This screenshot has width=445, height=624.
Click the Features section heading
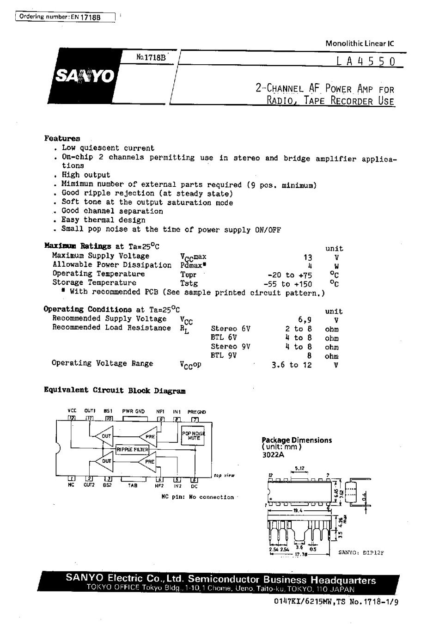pos(62,138)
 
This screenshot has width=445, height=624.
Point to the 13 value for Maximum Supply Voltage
pos(308,257)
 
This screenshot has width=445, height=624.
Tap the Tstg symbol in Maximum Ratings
pos(189,283)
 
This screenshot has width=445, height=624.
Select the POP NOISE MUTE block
pos(193,435)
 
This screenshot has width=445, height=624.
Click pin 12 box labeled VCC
pos(72,418)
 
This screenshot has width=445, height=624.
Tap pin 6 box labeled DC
pos(194,479)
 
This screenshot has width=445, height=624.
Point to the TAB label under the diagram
pos(133,485)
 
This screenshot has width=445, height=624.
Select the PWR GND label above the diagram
pos(133,411)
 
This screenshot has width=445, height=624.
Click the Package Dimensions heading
pos(297,440)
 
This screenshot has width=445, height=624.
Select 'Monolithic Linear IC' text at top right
pos(360,44)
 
